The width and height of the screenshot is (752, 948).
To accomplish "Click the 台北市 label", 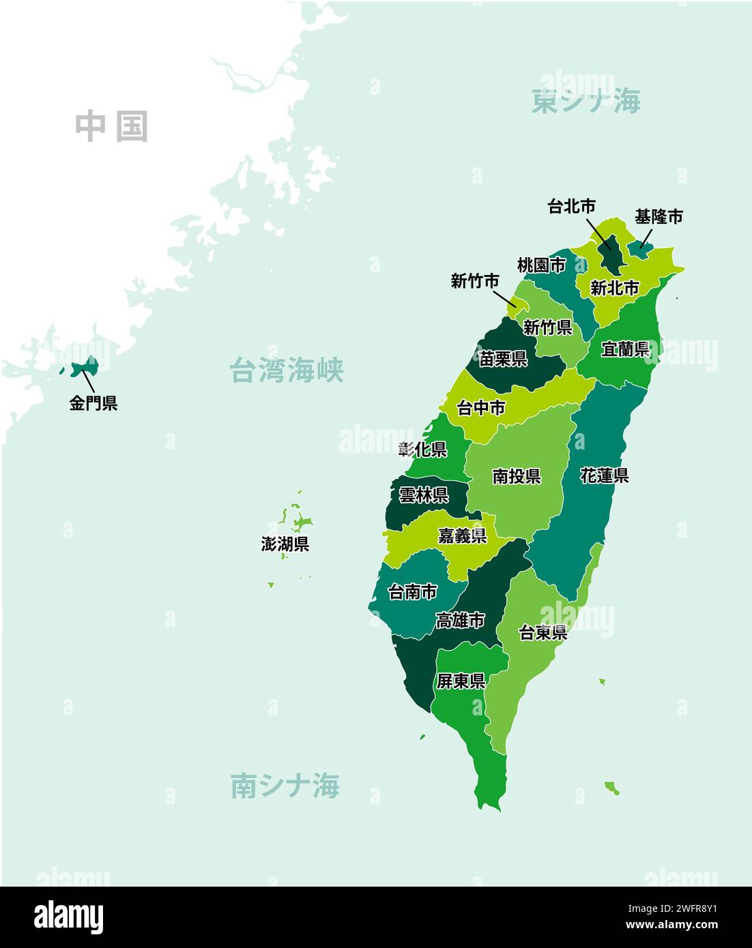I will click(571, 206).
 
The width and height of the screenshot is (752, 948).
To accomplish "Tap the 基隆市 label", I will click(658, 217).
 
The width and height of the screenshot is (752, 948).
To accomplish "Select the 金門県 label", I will click(93, 403).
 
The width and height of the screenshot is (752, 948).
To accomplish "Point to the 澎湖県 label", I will click(285, 544).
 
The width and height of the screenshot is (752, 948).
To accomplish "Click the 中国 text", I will click(111, 127).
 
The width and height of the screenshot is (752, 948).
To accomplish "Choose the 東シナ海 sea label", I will click(585, 102).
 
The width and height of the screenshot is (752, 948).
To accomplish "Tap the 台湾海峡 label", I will click(286, 370).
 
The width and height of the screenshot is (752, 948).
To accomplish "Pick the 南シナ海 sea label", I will click(285, 786).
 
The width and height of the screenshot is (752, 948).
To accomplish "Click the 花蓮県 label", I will click(604, 475).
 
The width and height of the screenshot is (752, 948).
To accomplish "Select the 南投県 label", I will click(517, 476).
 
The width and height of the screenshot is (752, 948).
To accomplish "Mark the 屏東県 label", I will click(461, 681).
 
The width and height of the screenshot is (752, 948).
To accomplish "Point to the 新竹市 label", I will click(475, 281).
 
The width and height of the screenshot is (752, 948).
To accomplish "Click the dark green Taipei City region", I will click(611, 255).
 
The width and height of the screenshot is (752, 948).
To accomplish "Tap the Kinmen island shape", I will click(85, 367).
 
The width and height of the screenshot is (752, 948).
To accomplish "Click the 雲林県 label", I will click(423, 496).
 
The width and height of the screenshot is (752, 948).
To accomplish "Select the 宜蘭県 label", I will click(624, 349).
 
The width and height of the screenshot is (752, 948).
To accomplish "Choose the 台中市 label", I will click(481, 408).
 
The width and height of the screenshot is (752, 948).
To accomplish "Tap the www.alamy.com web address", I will click(671, 925).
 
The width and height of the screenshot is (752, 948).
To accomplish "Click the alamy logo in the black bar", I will click(68, 917).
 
